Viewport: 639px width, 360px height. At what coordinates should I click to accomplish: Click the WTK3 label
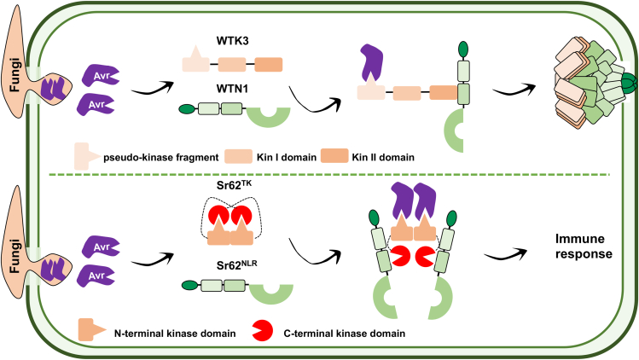pyautogui.click(x=229, y=39)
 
